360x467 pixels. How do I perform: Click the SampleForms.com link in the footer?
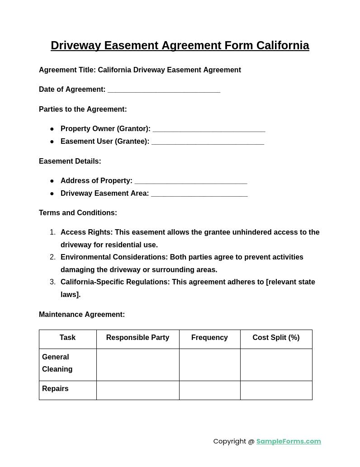tap(289, 441)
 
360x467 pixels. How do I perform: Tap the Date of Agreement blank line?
tap(164, 90)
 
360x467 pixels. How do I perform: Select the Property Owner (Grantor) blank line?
tap(209, 130)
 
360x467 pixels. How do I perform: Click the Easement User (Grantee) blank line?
tap(208, 142)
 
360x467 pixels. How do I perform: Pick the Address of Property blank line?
tap(191, 182)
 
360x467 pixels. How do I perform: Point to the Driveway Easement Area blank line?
tap(199, 194)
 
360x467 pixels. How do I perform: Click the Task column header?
tap(67, 338)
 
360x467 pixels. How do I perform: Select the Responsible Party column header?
tap(137, 338)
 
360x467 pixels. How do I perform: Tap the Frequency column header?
tap(209, 338)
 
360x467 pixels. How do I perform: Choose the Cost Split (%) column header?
tap(276, 338)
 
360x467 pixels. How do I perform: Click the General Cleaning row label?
tap(57, 363)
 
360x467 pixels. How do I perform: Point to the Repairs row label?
tap(55, 389)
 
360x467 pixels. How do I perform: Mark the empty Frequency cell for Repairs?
tap(209, 390)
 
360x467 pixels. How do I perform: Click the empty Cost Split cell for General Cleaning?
tap(276, 364)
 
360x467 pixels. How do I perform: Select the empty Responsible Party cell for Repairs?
tap(137, 390)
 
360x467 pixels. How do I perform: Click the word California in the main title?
tap(283, 46)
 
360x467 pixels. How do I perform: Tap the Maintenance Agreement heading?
tap(82, 315)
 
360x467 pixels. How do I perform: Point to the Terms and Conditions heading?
tap(78, 213)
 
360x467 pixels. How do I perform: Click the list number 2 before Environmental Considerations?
tap(52, 257)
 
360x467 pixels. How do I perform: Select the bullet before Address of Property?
tap(52, 181)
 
